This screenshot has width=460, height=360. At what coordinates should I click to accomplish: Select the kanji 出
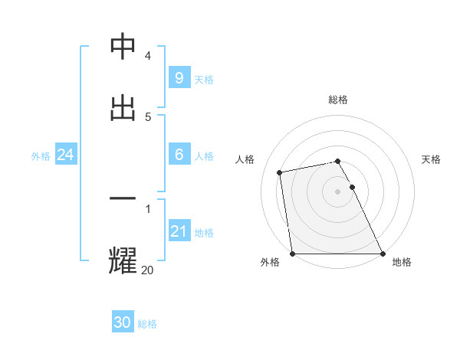123,107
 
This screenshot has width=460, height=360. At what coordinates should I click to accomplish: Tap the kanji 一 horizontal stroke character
123,200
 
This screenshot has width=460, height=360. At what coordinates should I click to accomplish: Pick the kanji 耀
123,260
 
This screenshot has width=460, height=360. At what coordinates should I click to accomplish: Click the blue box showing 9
179,78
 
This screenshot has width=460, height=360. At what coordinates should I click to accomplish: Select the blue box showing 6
179,155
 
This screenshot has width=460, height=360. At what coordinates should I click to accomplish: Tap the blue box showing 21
179,231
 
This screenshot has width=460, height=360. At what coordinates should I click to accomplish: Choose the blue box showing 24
66,155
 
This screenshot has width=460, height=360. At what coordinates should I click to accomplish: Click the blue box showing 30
123,322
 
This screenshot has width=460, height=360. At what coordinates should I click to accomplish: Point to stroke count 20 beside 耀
147,270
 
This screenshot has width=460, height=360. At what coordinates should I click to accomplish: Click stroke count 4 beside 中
147,56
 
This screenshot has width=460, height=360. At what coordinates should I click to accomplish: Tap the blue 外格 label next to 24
41,155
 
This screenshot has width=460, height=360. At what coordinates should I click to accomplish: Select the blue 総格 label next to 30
147,324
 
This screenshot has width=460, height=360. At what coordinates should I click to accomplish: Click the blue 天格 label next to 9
203,80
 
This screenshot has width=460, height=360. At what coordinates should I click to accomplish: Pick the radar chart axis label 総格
338,100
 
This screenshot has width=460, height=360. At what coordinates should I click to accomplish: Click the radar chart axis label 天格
432,159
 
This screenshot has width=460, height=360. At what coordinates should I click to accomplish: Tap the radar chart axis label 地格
402,263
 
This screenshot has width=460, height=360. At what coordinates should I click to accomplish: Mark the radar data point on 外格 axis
292,254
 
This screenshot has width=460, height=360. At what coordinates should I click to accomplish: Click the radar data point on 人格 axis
280,172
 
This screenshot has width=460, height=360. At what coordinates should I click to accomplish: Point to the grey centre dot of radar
338,191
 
